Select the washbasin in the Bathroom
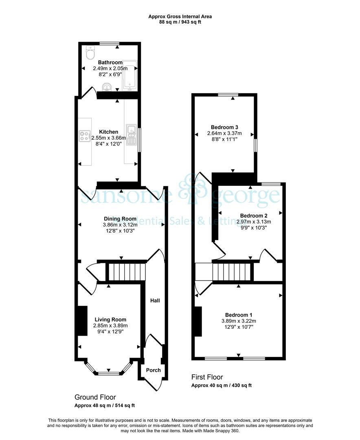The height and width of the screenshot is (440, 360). coord(107,87)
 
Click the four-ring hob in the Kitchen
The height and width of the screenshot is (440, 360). coord(85,136)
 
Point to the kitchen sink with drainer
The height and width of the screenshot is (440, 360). coord(131,135)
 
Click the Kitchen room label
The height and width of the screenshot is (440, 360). coord(109,132)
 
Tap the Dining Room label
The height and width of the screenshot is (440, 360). coord(120,219)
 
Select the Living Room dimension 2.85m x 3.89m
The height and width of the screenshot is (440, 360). coord(110,326)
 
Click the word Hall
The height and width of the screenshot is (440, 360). coord(155,301)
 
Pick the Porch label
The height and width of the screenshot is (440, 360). coord(153,370)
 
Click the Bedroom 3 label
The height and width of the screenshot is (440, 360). coord(224,128)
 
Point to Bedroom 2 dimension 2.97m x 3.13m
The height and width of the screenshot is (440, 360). coord(254,222)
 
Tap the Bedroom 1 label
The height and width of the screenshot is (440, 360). coord(239,315)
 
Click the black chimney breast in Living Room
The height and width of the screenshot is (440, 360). coord(82,321)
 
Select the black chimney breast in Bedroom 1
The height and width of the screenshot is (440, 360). coord(198,321)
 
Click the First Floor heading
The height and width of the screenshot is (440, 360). coord(207,377)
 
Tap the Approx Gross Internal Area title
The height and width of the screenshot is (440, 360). coord(180,17)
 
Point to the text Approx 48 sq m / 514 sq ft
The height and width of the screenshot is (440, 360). coord(105,405)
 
